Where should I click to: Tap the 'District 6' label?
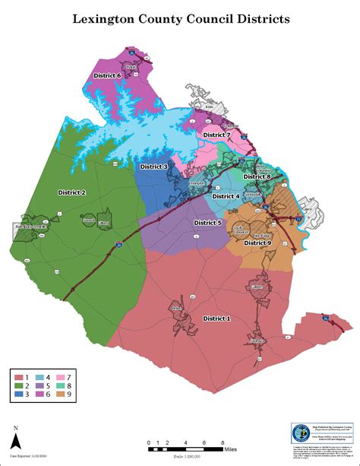107,76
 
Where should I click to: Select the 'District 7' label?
216,135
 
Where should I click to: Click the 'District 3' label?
154,166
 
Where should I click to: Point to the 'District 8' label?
257,177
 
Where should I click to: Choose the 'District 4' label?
226,196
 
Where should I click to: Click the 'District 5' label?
207,223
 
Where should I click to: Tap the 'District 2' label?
72,193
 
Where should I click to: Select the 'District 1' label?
216,319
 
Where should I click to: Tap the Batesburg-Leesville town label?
31,227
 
